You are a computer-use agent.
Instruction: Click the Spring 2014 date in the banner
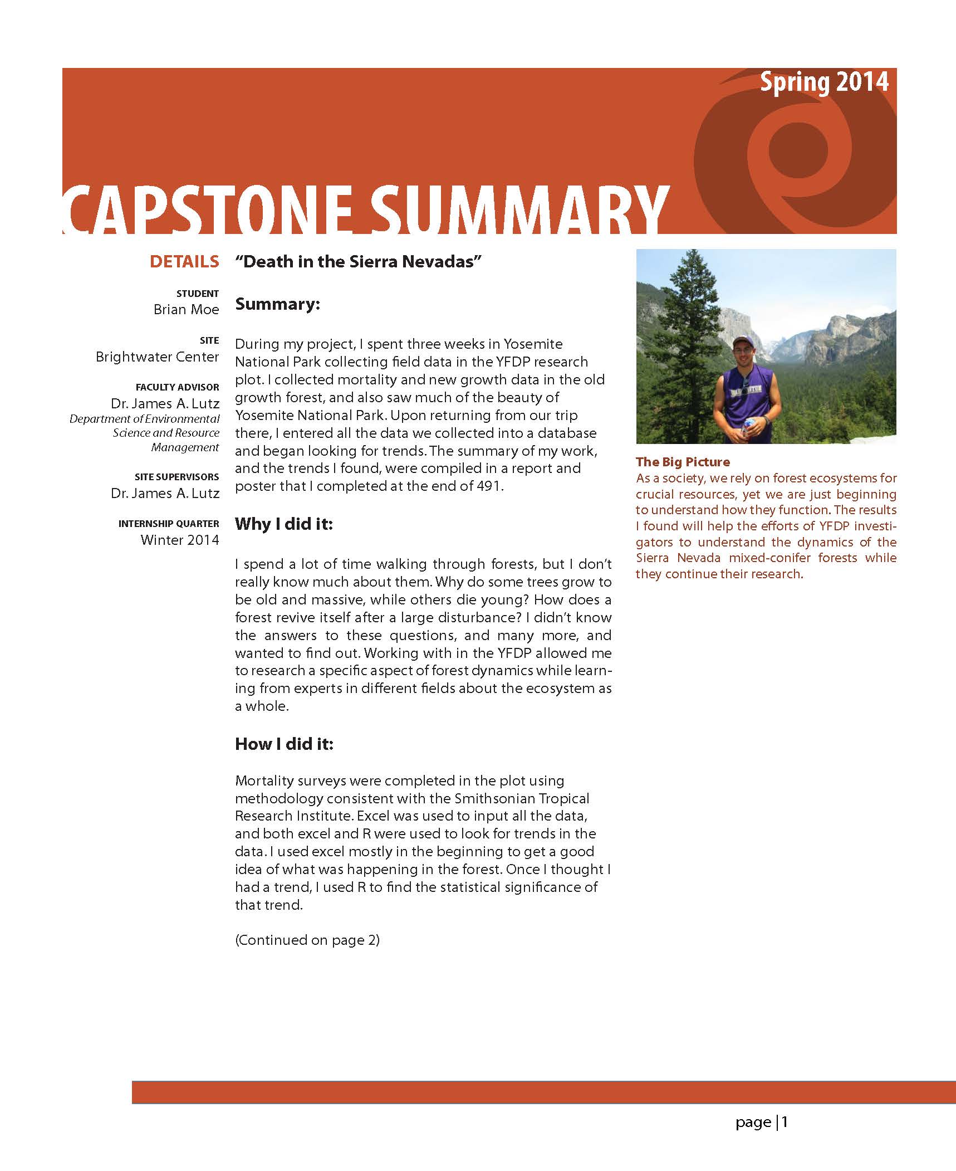click(824, 83)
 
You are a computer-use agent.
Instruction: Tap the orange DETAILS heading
click(184, 262)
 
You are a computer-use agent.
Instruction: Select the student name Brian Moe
click(186, 310)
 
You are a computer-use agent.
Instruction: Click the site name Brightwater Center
click(157, 357)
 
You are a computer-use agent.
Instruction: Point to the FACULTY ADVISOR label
click(177, 387)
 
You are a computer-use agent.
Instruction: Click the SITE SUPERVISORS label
click(177, 477)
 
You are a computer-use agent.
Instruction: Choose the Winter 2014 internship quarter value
click(179, 540)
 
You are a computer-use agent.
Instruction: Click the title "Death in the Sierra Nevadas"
click(358, 261)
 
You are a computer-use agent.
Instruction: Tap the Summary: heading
click(277, 304)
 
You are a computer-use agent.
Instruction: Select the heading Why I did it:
click(283, 524)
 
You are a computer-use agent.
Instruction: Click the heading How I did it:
click(284, 744)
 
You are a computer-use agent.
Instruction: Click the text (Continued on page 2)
click(307, 940)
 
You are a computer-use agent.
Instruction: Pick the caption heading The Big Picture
click(683, 462)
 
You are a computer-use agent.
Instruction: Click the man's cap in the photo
click(742, 340)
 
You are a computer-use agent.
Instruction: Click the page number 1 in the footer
click(785, 1122)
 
